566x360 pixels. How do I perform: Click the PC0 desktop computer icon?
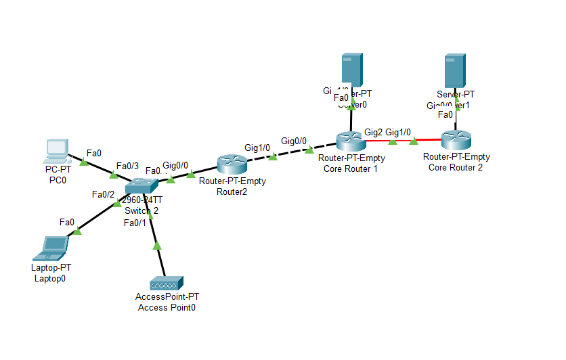point(56,150)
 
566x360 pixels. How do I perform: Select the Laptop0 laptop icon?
point(51,248)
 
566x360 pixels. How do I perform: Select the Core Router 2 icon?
point(456,141)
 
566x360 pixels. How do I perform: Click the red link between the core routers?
point(402,141)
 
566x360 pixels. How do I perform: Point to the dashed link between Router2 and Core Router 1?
point(291,153)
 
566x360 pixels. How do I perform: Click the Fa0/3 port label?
point(127,166)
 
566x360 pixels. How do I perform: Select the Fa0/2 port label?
point(103,195)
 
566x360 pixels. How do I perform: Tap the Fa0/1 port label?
point(134,223)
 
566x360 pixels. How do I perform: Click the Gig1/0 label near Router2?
point(257,147)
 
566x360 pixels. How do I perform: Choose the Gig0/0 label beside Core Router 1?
point(293,141)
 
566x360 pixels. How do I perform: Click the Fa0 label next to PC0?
point(94,153)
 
